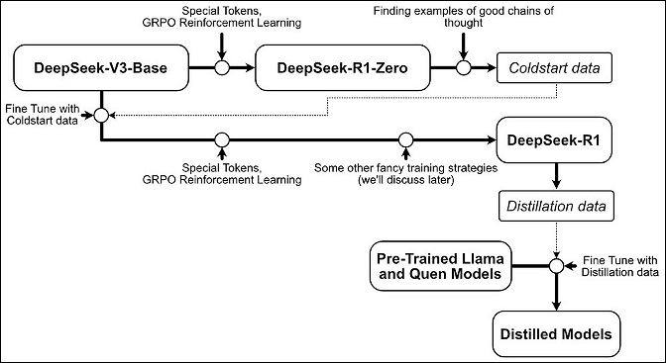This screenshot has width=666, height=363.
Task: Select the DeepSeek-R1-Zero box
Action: pyautogui.click(x=339, y=68)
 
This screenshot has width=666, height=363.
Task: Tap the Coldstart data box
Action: pyautogui.click(x=556, y=68)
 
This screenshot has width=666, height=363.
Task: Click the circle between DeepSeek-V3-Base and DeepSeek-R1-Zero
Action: pyautogui.click(x=223, y=68)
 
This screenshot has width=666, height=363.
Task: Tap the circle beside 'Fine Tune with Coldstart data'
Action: pyautogui.click(x=100, y=117)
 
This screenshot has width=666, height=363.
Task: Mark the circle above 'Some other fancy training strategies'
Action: pyautogui.click(x=404, y=140)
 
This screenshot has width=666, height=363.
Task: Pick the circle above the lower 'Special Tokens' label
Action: pyautogui.click(x=222, y=140)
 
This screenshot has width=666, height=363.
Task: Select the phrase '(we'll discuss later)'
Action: pyautogui.click(x=404, y=179)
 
